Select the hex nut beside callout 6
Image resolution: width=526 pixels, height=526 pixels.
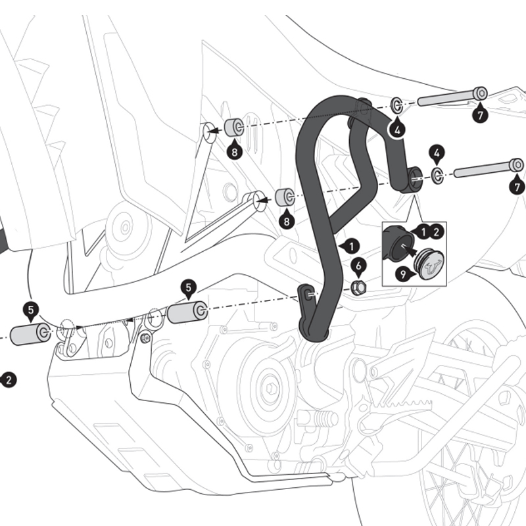(x=358, y=287)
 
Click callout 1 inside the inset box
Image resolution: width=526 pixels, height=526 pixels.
(x=423, y=231)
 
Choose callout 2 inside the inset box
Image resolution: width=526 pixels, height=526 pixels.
(x=436, y=231)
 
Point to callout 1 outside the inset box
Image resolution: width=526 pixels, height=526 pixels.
(x=351, y=246)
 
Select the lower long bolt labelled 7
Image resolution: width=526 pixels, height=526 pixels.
(x=487, y=170)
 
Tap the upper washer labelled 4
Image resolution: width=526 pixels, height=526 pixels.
(x=397, y=105)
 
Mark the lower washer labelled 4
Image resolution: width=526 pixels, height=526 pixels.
(x=437, y=175)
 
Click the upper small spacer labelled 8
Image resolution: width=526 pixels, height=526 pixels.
(x=233, y=127)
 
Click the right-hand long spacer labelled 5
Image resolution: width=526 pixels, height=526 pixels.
(x=187, y=312)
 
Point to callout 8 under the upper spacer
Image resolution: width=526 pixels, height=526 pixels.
(x=234, y=152)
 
